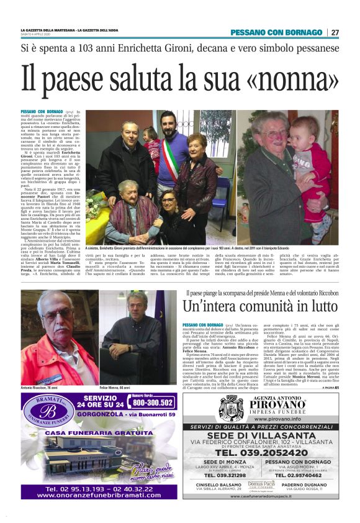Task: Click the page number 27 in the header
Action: (335, 32)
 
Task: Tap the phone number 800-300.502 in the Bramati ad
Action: (152, 402)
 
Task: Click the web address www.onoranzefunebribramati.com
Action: (99, 496)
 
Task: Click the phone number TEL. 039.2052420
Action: (269, 452)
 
